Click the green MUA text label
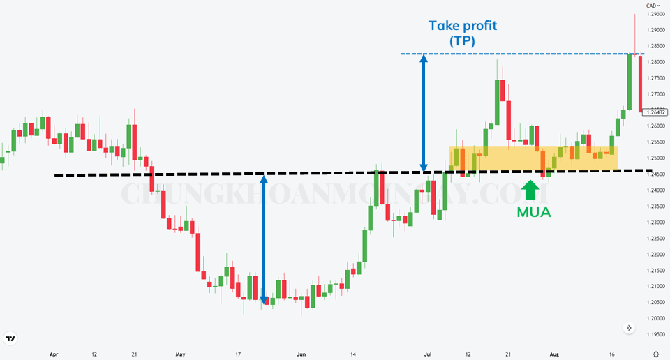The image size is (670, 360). pyautogui.click(x=534, y=212)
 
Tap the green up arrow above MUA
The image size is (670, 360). pyautogui.click(x=531, y=189)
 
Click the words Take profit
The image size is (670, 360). pyautogui.click(x=463, y=27)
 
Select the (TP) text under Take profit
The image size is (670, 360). pyautogui.click(x=462, y=42)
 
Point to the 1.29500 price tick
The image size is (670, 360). pyautogui.click(x=655, y=14)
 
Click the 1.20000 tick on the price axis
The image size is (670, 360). pyautogui.click(x=655, y=318)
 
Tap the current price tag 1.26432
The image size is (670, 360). pyautogui.click(x=657, y=112)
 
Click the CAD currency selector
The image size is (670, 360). pyautogui.click(x=653, y=5)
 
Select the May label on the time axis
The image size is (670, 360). pyautogui.click(x=181, y=354)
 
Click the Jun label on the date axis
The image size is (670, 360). pyautogui.click(x=301, y=354)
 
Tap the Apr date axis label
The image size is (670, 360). pyautogui.click(x=54, y=354)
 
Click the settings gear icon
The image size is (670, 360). pyautogui.click(x=656, y=354)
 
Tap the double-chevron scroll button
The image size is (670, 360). pyautogui.click(x=628, y=327)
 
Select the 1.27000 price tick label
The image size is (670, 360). pyautogui.click(x=655, y=94)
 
